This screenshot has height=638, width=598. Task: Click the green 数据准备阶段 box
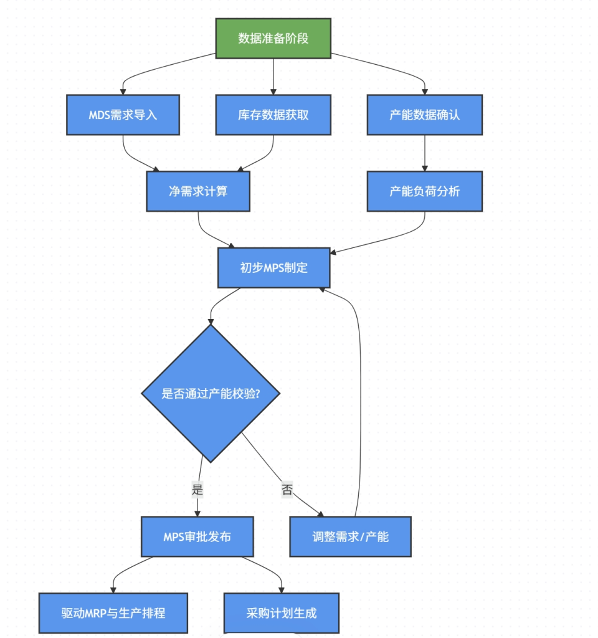273,38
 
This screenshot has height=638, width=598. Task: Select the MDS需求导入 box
123,115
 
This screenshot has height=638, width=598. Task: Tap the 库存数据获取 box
273,115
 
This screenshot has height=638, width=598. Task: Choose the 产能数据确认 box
425,115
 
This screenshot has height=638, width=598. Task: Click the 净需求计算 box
198,191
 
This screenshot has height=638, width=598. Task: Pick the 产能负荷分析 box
425,191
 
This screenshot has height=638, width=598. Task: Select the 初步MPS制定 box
274,268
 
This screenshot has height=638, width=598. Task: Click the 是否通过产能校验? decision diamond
211,394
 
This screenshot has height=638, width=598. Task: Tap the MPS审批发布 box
197,536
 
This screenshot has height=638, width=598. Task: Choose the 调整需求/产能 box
350,536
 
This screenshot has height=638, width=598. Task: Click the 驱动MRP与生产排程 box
113,613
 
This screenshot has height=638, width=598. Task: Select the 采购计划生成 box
282,613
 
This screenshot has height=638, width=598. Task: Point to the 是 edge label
197,489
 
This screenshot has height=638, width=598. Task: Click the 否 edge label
287,489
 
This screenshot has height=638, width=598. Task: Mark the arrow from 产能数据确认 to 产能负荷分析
425,153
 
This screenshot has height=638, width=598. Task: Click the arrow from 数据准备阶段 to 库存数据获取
273,77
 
